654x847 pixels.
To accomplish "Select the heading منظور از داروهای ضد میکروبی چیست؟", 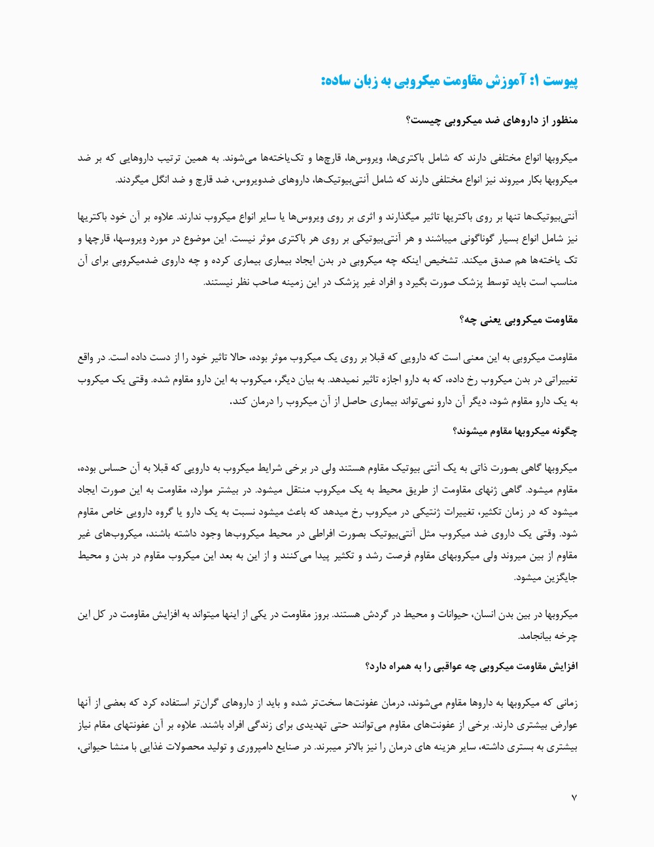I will click(492, 120).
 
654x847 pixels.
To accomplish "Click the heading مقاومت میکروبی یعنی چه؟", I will click(519, 319).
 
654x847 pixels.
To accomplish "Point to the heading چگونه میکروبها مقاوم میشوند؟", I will click(515, 431).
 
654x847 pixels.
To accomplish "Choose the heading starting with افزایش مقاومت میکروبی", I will click(472, 666).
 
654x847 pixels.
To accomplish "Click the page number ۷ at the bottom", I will click(574, 797).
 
